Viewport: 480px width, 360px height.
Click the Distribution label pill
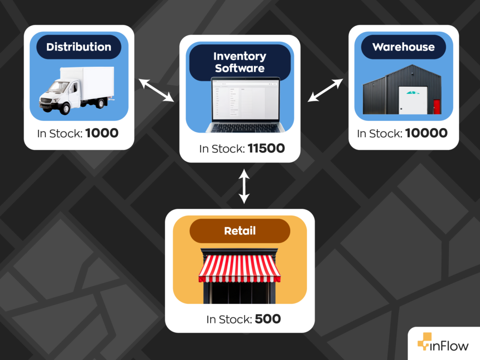[79, 47]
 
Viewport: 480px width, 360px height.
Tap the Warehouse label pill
[403, 47]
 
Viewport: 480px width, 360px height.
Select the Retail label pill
[240, 231]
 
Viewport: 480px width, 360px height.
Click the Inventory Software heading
[240, 62]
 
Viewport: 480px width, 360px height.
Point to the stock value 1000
[102, 133]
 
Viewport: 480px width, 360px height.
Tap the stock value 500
[268, 319]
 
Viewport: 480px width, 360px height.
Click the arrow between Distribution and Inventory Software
[157, 90]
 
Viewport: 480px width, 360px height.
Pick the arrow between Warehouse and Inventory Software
[325, 90]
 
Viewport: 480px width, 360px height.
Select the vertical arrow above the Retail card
[243, 187]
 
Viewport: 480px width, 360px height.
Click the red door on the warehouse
[437, 106]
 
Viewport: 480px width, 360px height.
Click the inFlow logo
[442, 345]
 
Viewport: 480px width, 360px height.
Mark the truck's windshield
[59, 87]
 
